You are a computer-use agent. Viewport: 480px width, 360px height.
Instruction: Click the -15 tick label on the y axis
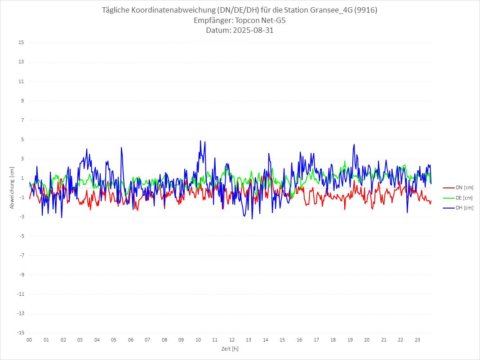point(21,333)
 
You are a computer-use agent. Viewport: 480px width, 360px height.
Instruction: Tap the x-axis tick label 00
point(29,340)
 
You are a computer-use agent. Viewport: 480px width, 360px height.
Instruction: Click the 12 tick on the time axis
point(232,340)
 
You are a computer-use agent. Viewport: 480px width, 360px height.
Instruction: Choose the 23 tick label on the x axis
point(418,340)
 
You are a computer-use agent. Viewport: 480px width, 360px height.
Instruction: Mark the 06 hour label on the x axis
point(130,340)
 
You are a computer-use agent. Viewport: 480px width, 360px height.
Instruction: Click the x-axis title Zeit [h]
point(230,348)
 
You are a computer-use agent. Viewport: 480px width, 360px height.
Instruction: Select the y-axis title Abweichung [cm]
point(12,187)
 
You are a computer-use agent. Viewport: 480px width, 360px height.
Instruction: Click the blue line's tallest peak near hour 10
point(200,141)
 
